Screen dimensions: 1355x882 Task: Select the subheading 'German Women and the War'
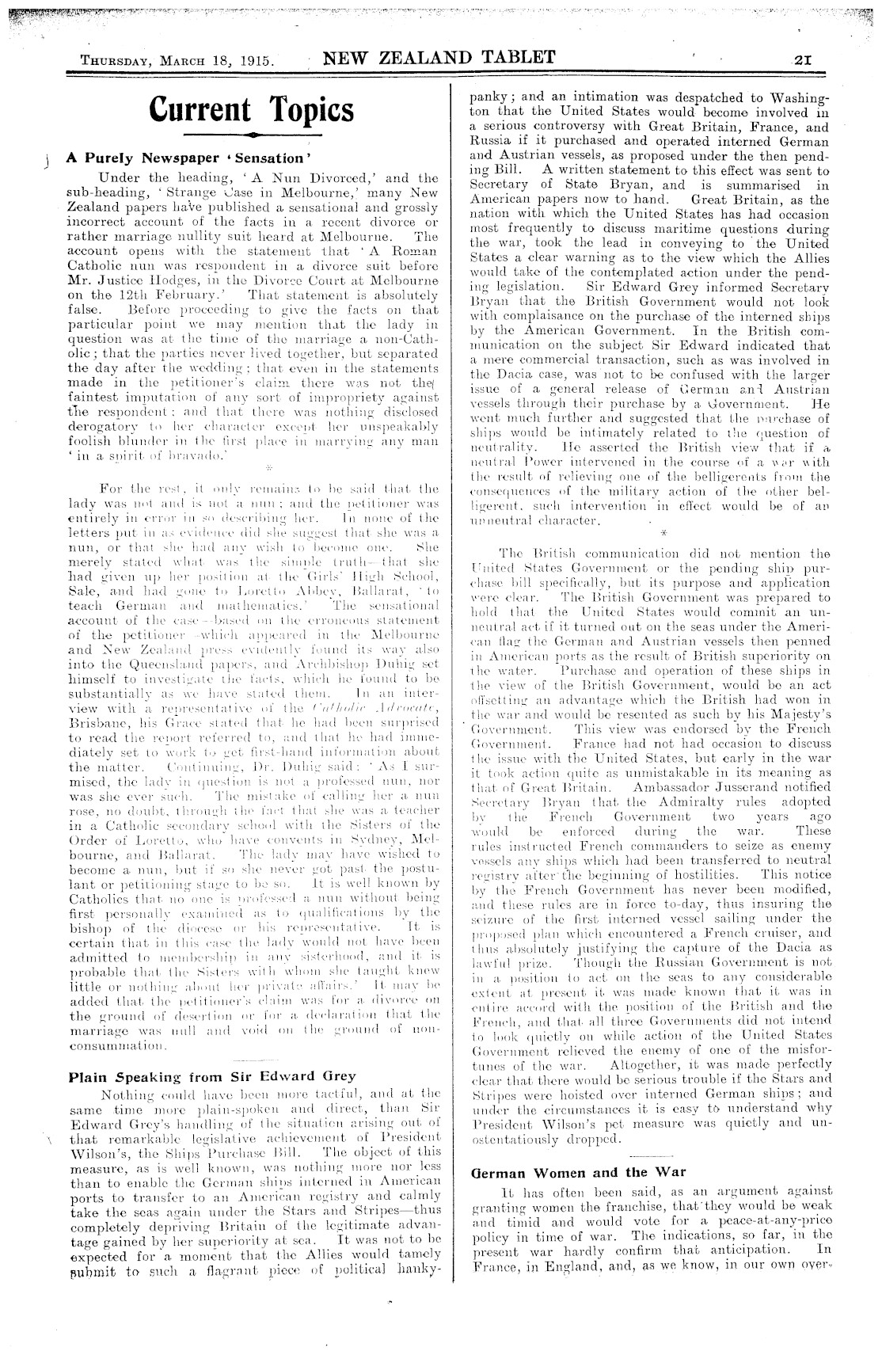(578, 1172)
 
